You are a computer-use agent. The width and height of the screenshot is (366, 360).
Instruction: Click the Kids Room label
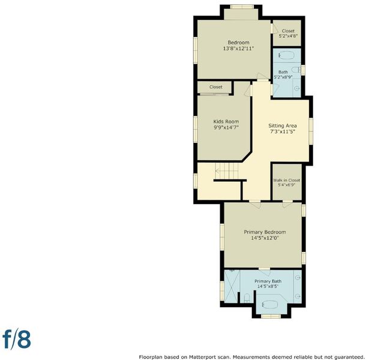226,122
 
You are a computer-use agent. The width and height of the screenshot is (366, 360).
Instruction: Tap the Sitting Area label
283,125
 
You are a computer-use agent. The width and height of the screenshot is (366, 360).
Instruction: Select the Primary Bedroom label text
265,232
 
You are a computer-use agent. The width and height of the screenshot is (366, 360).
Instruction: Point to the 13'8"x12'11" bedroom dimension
238,49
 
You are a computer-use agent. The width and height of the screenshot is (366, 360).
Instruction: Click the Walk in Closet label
286,180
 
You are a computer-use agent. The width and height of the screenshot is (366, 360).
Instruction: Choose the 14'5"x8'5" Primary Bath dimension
268,286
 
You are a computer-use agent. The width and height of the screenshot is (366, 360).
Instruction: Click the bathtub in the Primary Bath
269,304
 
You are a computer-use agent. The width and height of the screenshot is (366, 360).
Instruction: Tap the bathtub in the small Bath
286,55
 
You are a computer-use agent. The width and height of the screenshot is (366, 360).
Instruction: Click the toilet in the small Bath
296,70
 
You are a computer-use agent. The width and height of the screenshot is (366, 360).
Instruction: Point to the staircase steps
227,171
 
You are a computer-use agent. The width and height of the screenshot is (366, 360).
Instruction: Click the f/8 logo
17,339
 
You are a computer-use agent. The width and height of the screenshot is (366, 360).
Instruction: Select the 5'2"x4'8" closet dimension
288,36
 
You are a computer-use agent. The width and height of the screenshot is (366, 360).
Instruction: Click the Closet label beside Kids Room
215,87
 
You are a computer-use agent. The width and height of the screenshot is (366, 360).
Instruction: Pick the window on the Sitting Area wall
311,131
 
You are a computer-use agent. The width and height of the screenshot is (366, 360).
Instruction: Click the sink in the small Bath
297,88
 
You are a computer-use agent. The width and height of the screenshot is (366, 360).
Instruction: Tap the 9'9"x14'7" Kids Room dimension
226,127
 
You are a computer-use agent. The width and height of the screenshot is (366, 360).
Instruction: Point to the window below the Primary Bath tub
271,316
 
